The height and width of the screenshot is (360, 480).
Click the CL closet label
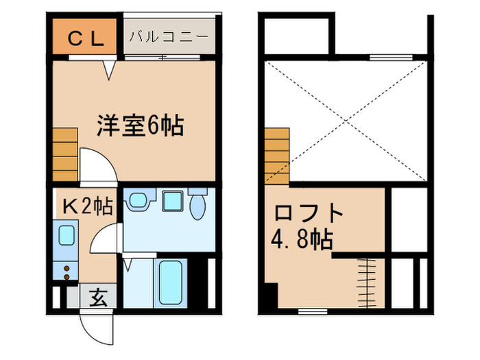click(x=86, y=39)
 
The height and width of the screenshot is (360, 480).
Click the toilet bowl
click(x=198, y=205)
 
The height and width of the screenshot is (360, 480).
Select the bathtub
click(x=168, y=283)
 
